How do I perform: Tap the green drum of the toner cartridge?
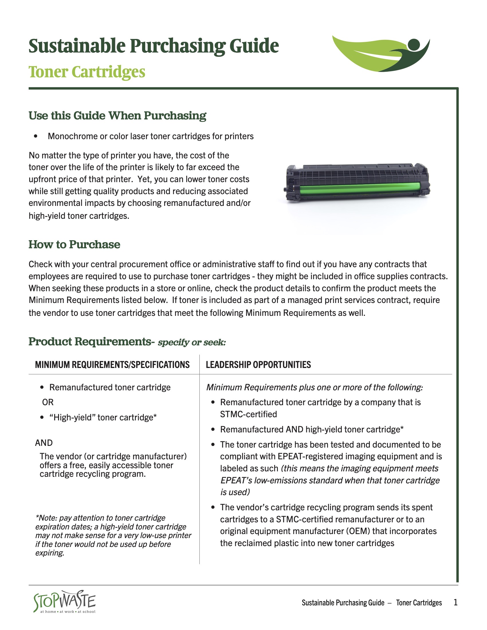point(361,189)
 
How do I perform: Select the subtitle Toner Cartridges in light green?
point(87,72)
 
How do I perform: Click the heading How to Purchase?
point(74,244)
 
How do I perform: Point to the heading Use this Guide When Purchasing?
point(117,115)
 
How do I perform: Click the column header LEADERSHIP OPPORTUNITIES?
point(258,365)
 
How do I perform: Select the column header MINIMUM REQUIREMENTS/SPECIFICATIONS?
point(112,365)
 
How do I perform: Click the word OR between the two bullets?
point(48,402)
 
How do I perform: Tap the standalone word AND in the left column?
point(44,443)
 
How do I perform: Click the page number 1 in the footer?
point(455,602)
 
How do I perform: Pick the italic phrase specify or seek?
point(192,342)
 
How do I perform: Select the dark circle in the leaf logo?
point(414,44)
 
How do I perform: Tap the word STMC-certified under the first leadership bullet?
point(248,414)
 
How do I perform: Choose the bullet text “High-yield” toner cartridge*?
point(103,418)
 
